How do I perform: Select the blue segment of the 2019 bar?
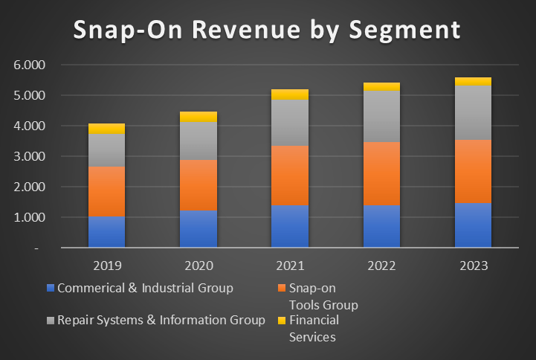click(106, 232)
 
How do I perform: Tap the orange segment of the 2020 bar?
click(198, 185)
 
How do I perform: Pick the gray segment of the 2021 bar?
click(289, 122)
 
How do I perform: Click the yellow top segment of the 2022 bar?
click(381, 86)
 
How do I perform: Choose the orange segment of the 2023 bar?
click(473, 171)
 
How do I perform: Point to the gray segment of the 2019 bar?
click(106, 150)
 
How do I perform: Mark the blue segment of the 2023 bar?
click(473, 225)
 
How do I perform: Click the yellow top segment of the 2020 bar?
click(198, 116)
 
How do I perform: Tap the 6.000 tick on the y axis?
click(30, 65)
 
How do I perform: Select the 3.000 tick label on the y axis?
click(30, 157)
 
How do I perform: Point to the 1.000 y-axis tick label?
click(30, 218)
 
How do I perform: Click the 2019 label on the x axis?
click(107, 266)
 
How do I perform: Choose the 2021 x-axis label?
click(290, 266)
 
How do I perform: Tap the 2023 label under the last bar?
click(473, 266)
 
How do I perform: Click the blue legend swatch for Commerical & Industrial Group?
click(50, 288)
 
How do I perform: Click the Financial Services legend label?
click(313, 328)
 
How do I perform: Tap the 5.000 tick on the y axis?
click(30, 96)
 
